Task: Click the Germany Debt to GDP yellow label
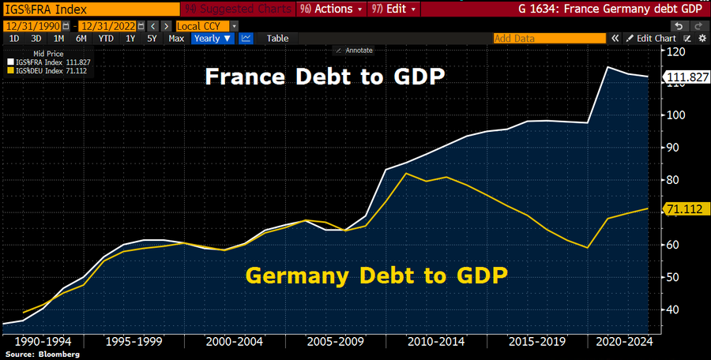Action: point(376,276)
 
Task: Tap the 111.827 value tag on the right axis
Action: point(685,77)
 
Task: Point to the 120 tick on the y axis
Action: point(675,51)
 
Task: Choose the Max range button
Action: point(176,38)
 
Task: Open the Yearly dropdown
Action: point(213,38)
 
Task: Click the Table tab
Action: point(277,38)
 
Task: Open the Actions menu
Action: point(332,10)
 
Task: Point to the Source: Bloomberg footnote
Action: point(36,354)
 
